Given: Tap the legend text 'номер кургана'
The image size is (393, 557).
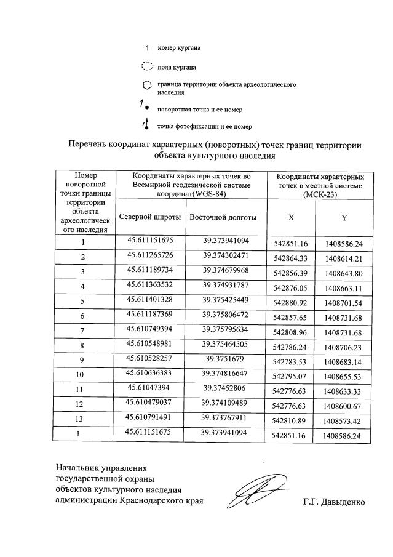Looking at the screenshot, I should point(179,47).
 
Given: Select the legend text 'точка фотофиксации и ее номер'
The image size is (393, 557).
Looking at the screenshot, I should point(204,127).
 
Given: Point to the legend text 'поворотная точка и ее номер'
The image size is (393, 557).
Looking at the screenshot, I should point(199,110).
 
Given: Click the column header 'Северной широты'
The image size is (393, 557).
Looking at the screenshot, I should point(149,218).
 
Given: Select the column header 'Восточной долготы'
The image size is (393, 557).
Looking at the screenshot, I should point(223,218).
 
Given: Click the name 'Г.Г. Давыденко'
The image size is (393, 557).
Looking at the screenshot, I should point(333,502).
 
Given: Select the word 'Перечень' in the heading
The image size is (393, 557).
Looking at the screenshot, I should point(87,145).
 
